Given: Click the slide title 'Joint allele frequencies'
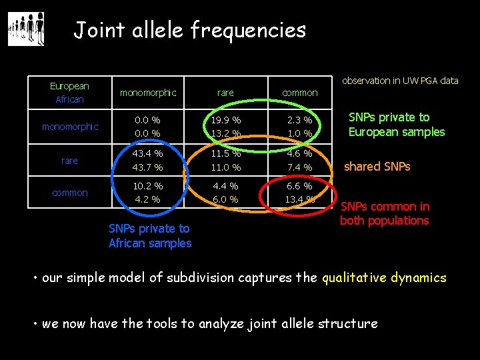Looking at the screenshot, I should (x=189, y=29).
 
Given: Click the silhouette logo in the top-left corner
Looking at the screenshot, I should (x=26, y=29).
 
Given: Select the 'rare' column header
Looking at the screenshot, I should (x=225, y=93).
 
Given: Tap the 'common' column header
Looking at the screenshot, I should (x=300, y=93).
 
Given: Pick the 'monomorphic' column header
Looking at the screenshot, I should (x=147, y=93).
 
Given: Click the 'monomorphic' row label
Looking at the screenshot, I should (x=70, y=127).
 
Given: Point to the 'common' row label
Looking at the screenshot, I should (x=70, y=193).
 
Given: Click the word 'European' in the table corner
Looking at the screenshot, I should (x=69, y=86).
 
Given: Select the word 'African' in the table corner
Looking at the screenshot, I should (x=69, y=99).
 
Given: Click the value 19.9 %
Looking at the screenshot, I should (x=225, y=121).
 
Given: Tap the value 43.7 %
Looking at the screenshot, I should (x=147, y=167).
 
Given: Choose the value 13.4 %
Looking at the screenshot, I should (x=300, y=199).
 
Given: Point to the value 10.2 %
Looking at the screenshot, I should (x=147, y=186).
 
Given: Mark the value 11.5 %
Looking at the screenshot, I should (x=225, y=154).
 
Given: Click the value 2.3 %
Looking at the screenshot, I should (x=300, y=121).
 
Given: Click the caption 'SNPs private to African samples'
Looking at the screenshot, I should (x=150, y=236).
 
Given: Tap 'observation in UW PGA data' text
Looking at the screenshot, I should (x=400, y=81).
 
